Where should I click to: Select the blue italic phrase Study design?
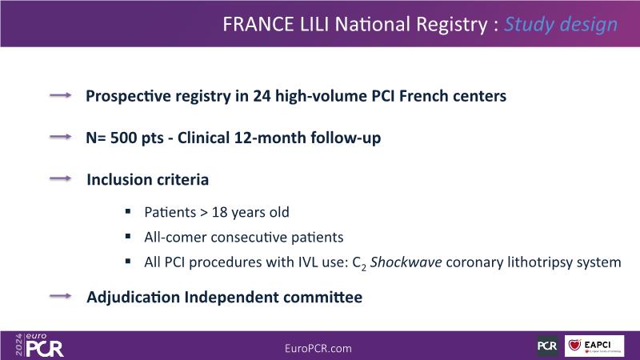(x=561, y=25)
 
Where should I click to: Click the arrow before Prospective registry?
(x=61, y=95)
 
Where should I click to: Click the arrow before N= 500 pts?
(x=61, y=137)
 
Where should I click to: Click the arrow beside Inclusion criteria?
(x=61, y=178)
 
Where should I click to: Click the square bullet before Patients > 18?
(x=128, y=211)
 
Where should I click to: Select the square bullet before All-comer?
(x=128, y=236)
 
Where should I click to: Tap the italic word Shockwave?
(x=406, y=262)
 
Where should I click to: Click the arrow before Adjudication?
(x=61, y=296)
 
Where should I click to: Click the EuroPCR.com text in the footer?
(x=318, y=349)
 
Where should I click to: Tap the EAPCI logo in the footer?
(x=594, y=346)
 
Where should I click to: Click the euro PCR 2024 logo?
(x=39, y=346)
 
